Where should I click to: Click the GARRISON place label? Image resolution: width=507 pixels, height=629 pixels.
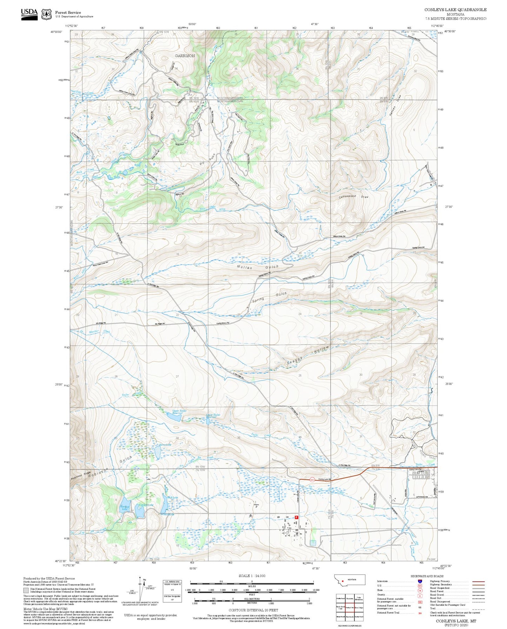click(x=185, y=56)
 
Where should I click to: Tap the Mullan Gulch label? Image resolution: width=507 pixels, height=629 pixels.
click(x=258, y=267)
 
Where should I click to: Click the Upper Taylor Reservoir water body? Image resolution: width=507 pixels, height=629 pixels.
click(x=173, y=417)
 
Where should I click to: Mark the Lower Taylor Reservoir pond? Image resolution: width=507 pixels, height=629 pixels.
click(x=208, y=421)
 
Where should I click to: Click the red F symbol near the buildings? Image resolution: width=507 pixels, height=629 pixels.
click(x=296, y=517)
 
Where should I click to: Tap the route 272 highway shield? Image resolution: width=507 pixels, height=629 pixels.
click(x=312, y=480)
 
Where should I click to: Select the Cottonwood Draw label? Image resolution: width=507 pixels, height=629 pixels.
click(x=353, y=197)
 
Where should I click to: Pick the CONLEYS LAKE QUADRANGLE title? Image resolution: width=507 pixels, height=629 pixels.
click(x=455, y=10)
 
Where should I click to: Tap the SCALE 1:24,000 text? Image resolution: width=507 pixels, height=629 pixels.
click(x=252, y=576)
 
